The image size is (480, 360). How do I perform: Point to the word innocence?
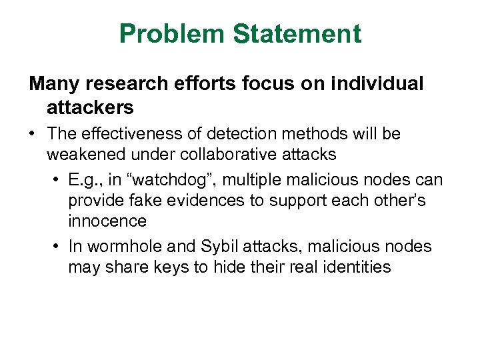[x=107, y=221]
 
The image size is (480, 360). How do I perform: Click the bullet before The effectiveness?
[x=32, y=134]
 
